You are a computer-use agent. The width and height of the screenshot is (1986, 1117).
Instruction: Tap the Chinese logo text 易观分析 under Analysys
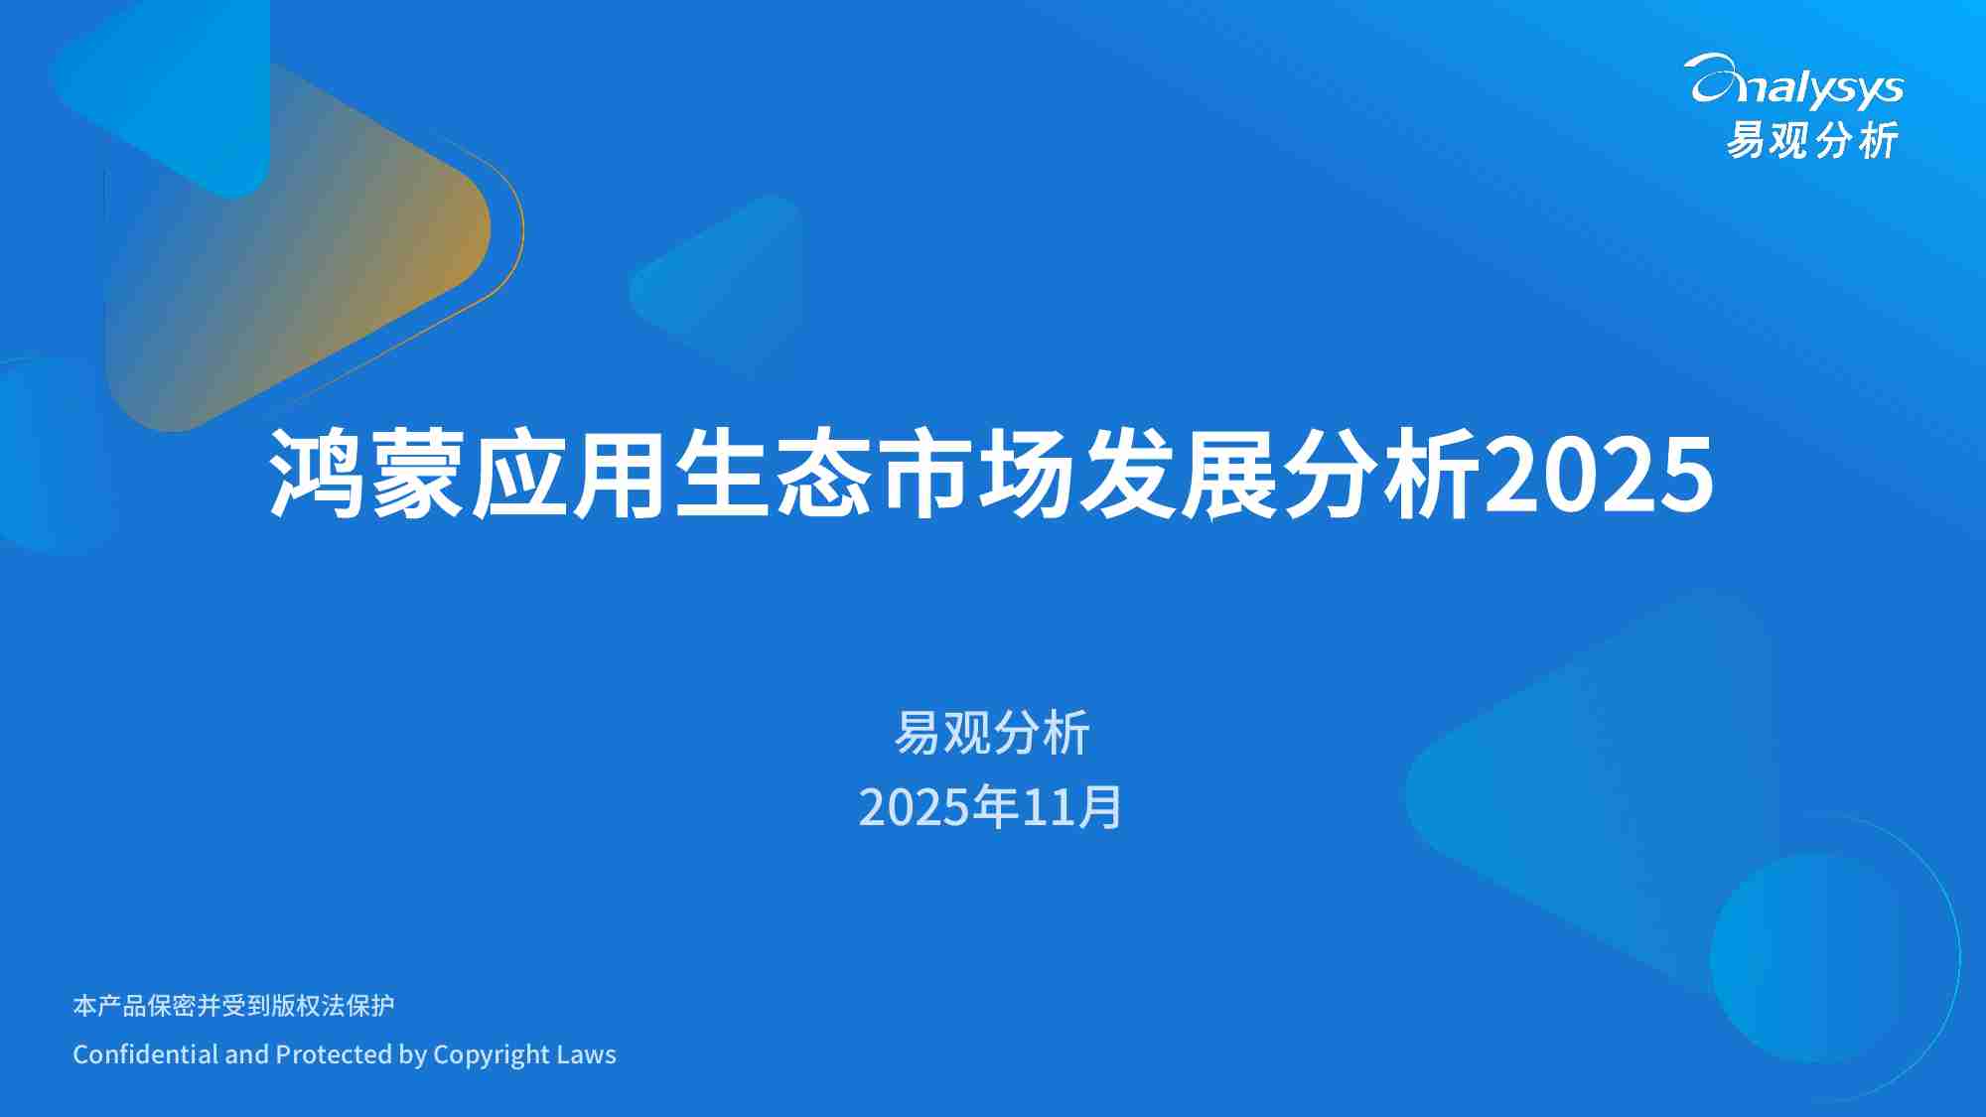1812,140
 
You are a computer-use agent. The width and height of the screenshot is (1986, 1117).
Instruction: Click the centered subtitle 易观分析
992,734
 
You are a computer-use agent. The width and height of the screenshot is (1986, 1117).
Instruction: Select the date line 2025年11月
990,807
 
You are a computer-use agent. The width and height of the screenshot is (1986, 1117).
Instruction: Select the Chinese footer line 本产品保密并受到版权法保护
233,1006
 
